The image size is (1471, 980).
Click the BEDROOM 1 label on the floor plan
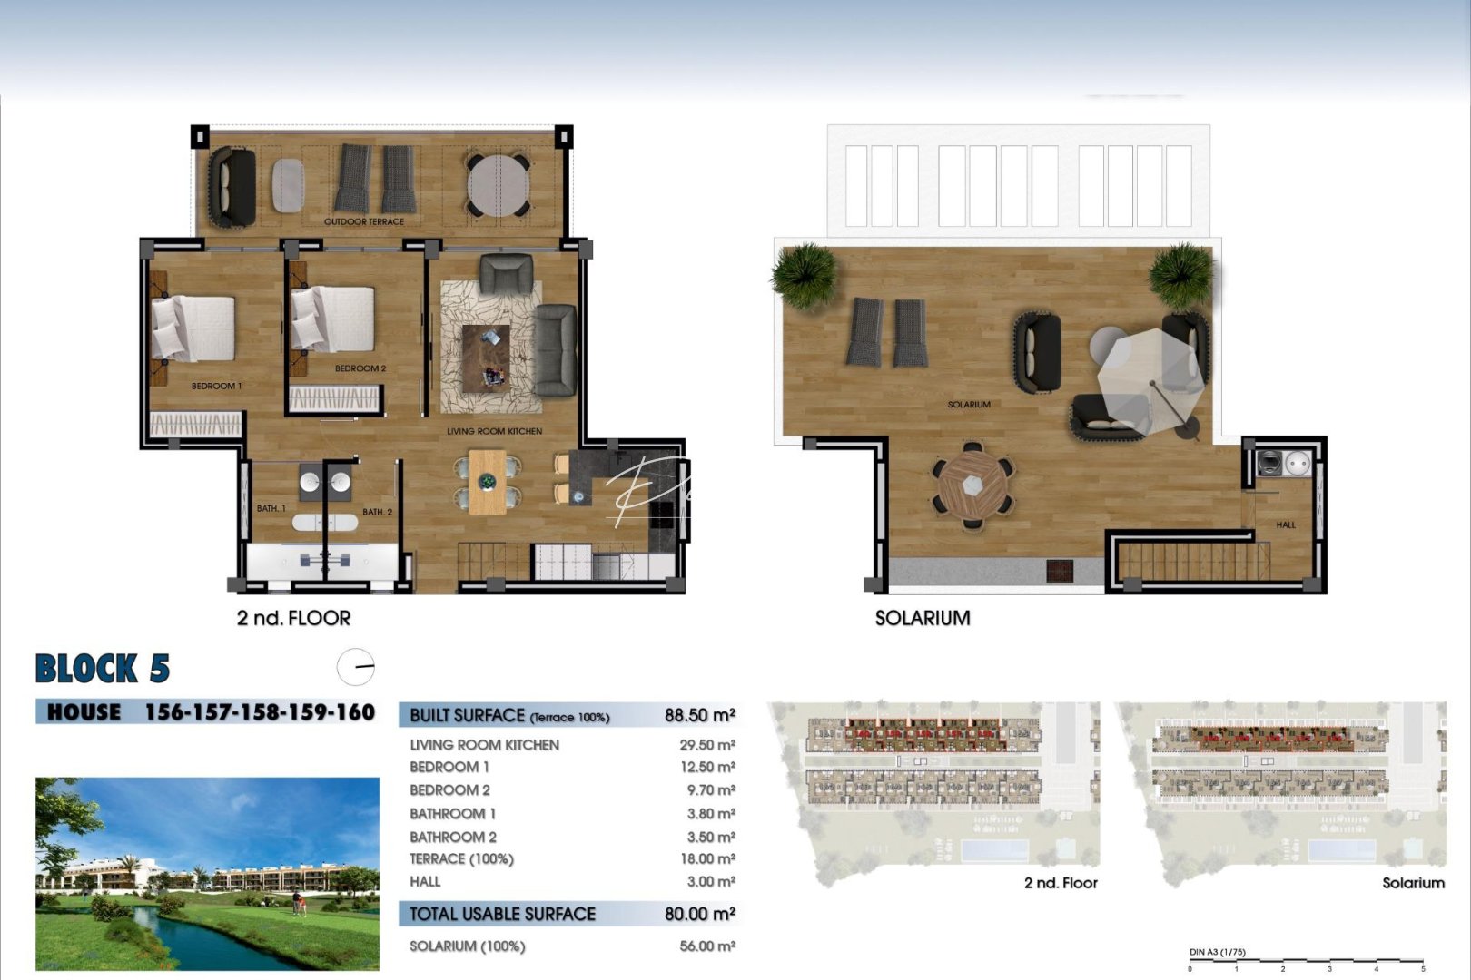[x=216, y=387]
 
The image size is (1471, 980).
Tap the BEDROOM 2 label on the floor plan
[x=360, y=368]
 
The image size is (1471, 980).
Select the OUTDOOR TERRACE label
[x=364, y=221]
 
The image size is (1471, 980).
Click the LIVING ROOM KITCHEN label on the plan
[x=494, y=431]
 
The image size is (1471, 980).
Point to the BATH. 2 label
[x=377, y=512]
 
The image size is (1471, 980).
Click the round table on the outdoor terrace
[x=498, y=185]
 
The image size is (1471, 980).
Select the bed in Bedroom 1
[x=194, y=327]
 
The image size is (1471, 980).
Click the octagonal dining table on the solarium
[x=972, y=485]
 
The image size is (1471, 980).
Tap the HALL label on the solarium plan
[x=1286, y=524]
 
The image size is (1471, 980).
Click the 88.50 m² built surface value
[x=699, y=715]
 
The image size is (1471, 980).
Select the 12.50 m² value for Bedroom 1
[x=707, y=767]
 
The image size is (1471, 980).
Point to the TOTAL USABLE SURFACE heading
[x=502, y=914]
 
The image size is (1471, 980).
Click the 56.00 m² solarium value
[x=707, y=946]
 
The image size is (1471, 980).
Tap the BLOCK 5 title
[x=103, y=669]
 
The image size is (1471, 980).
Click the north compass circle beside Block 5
[x=355, y=667]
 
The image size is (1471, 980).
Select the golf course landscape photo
[x=207, y=873]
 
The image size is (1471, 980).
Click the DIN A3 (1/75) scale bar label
[x=1217, y=952]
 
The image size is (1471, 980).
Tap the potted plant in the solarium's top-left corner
[x=805, y=273]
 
